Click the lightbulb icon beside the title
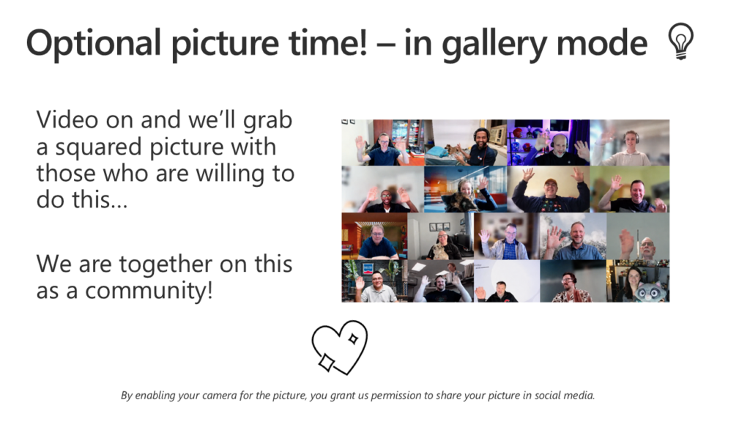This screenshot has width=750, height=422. pos(680,41)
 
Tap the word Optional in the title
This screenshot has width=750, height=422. pos(93,44)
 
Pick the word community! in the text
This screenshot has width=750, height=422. pos(149,291)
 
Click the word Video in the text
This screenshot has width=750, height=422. pos(68,119)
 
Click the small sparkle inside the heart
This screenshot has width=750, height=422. pos(353,339)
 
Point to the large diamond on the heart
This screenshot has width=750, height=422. pos(327,362)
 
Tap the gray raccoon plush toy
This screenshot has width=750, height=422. pos(648,292)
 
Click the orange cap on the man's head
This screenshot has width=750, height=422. pos(551,182)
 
